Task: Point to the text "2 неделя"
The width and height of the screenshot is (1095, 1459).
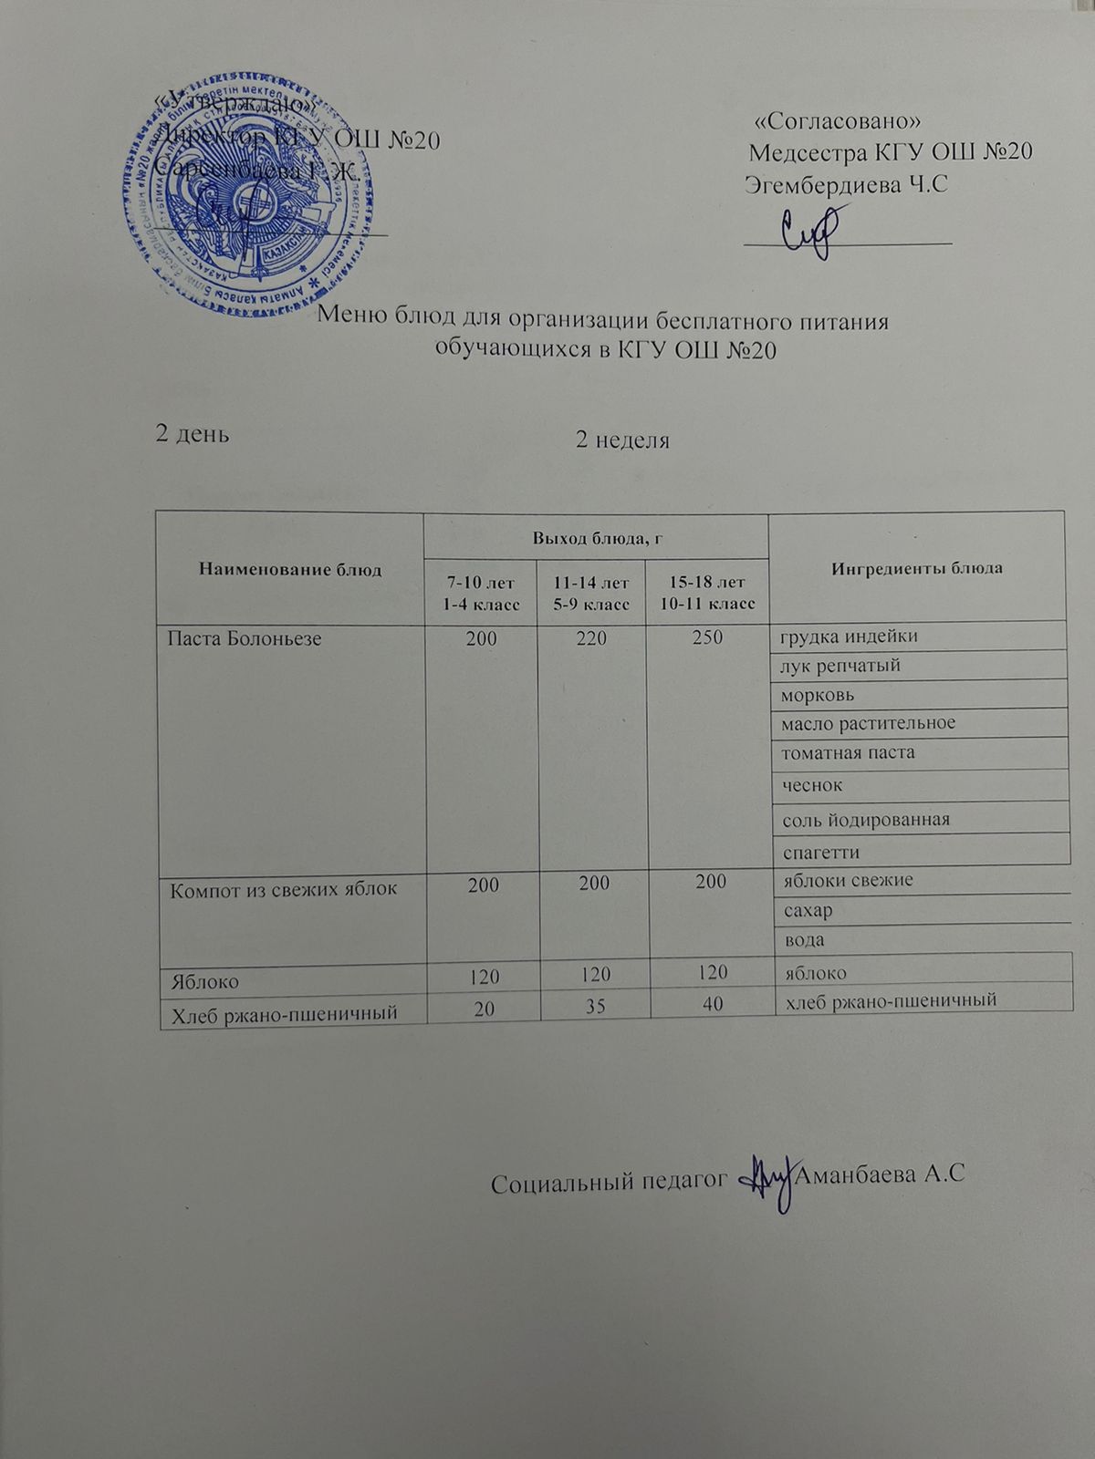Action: [622, 441]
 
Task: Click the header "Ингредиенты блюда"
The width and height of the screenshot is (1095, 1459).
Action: [916, 567]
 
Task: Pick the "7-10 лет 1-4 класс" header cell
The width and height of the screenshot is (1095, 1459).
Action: [481, 593]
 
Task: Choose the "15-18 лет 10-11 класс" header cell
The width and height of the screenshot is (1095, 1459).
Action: [706, 593]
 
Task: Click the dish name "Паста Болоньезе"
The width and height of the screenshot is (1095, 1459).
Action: [244, 639]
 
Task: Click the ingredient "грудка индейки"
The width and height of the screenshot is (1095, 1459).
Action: [847, 636]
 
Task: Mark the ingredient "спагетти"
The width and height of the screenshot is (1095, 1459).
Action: [820, 852]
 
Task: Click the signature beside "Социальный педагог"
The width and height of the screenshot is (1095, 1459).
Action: [770, 1181]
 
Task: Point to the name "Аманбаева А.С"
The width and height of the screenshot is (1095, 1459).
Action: [880, 1175]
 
